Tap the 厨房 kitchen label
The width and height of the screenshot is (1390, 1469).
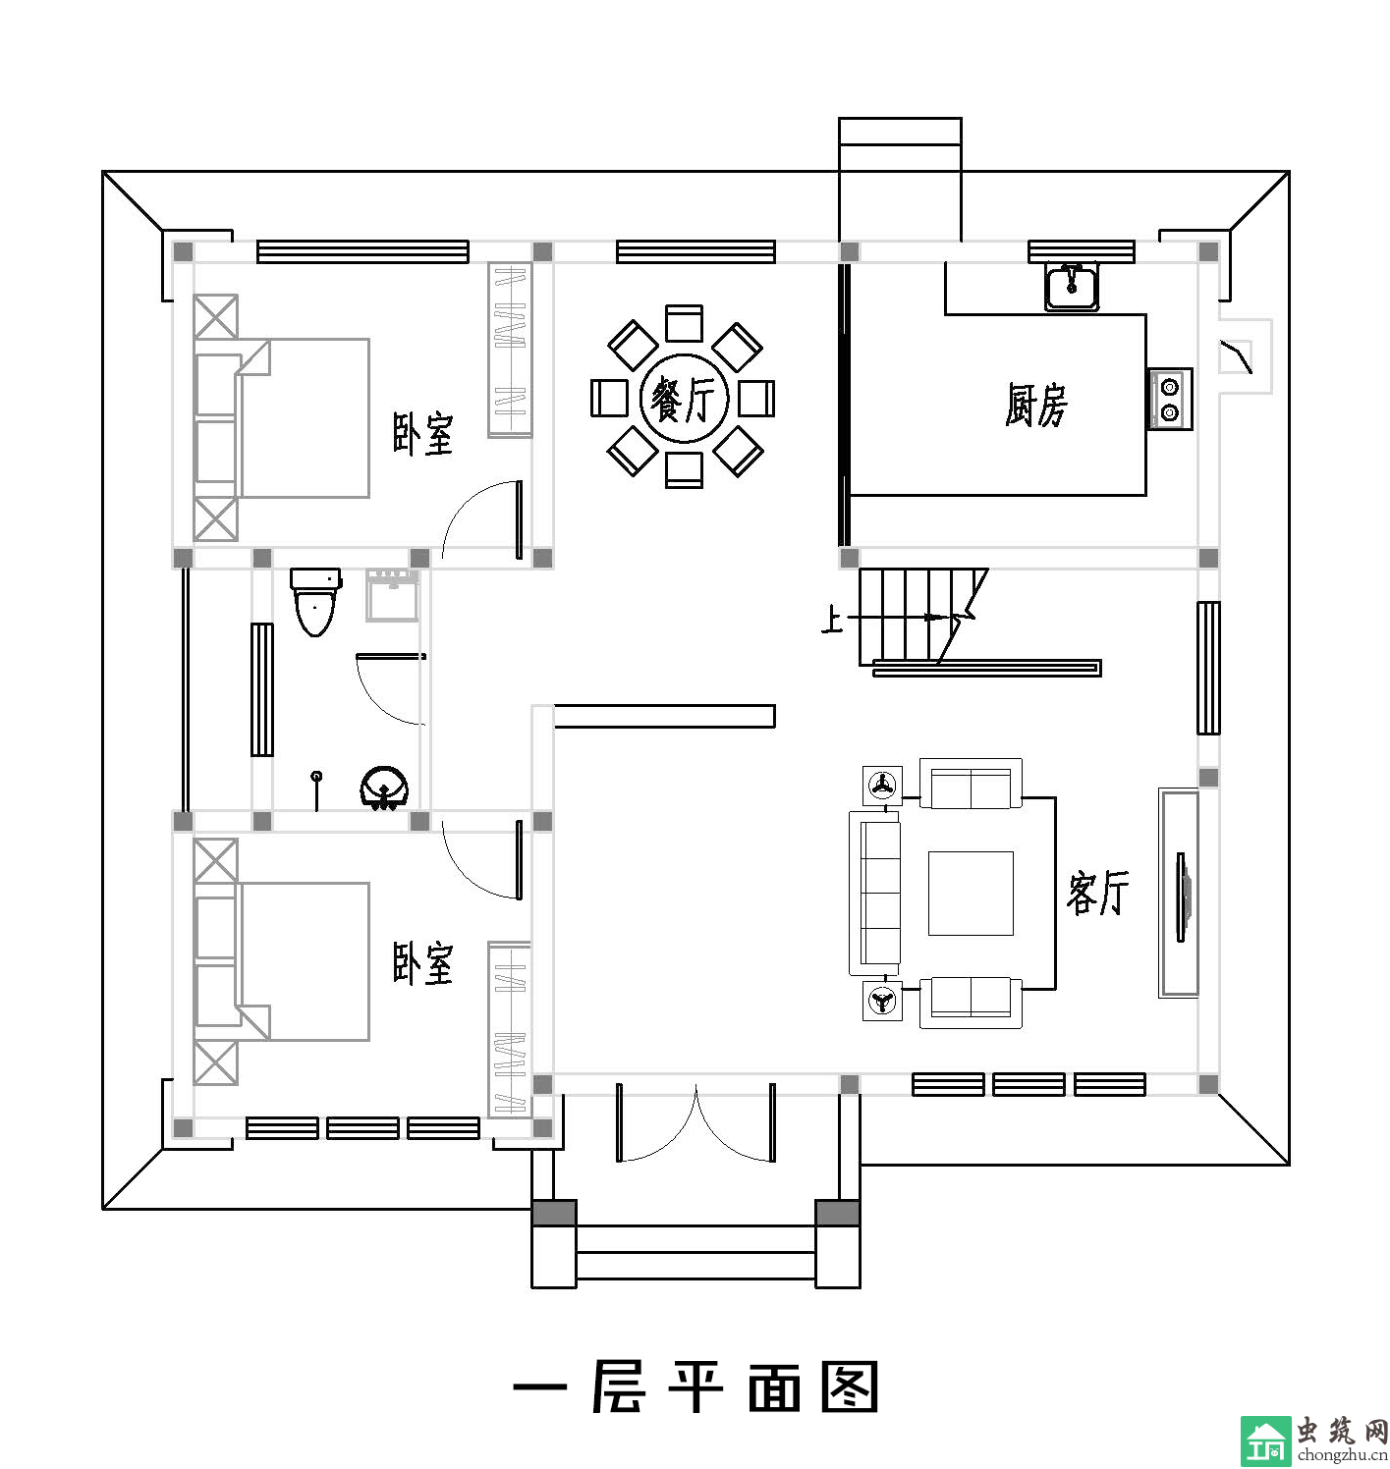[1035, 405]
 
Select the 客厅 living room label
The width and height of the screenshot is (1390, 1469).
[1097, 892]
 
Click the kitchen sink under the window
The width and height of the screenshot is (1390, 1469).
[1072, 287]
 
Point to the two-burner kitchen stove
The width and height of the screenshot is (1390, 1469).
[1169, 399]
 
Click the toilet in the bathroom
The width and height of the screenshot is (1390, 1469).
[315, 602]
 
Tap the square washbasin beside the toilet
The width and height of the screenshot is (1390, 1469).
[392, 595]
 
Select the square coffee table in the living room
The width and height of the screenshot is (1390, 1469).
[970, 893]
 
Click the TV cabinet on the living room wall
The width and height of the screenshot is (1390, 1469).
[1178, 893]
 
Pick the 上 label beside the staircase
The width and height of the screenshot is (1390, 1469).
[831, 620]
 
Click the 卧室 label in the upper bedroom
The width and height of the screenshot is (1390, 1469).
[422, 433]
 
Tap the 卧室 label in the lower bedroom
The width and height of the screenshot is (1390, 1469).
[422, 964]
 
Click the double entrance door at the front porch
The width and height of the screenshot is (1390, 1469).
[695, 1123]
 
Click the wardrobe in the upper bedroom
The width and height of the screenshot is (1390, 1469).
[510, 349]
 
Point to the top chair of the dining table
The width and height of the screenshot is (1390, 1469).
[684, 323]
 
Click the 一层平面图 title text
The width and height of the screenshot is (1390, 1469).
[695, 1387]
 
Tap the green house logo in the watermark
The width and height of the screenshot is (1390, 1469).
[1265, 1442]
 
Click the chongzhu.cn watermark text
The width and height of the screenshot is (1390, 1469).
[1342, 1454]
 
